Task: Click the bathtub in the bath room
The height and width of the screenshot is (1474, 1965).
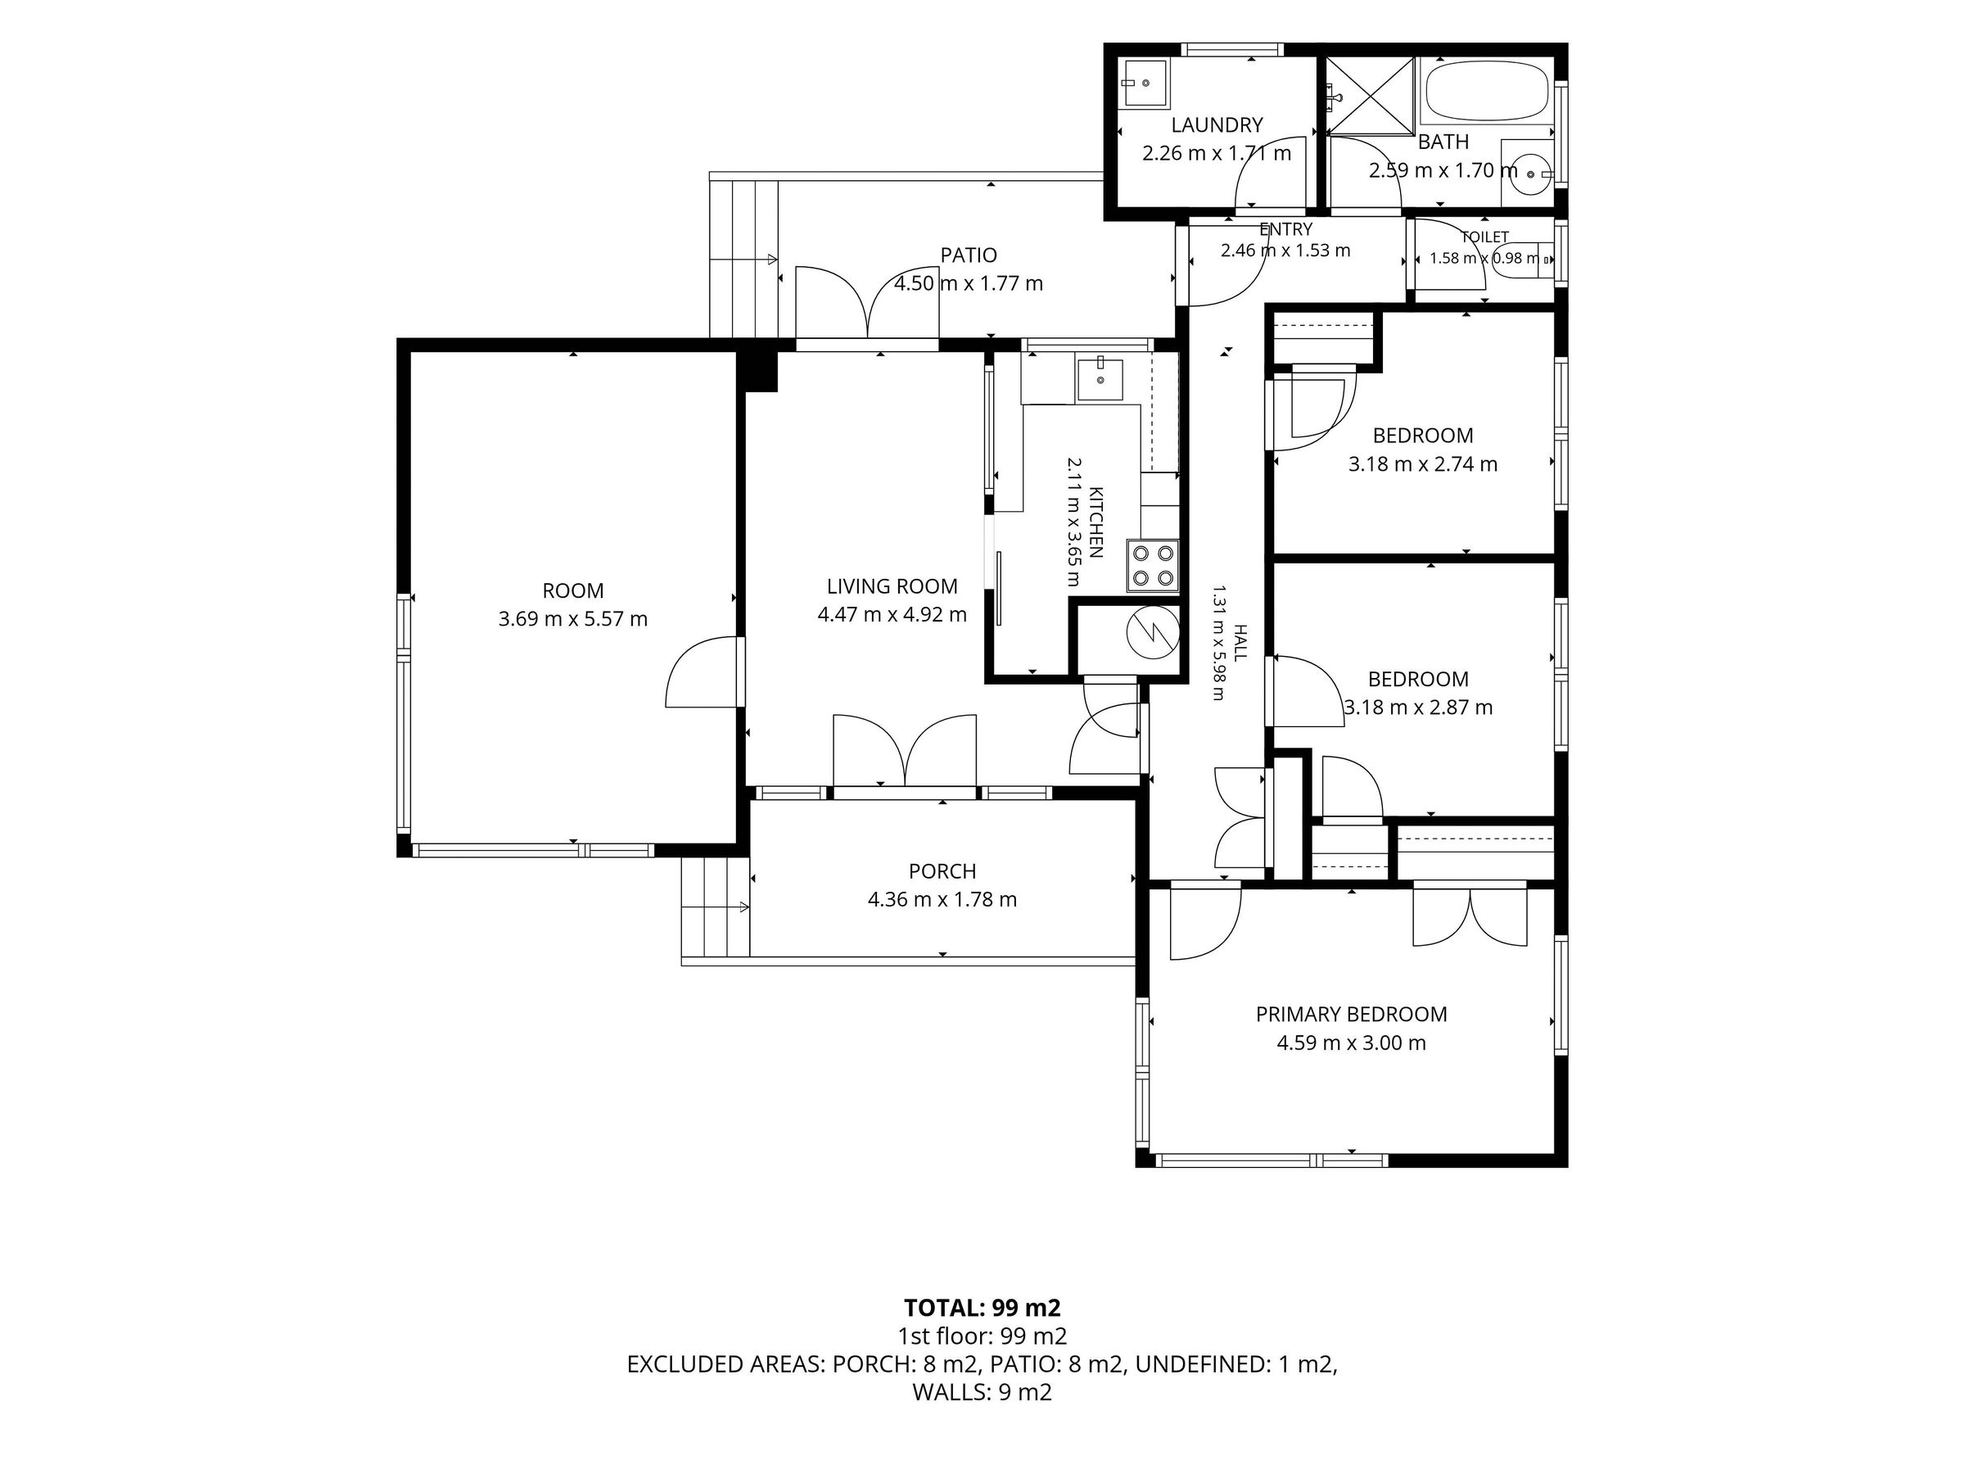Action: (x=1487, y=92)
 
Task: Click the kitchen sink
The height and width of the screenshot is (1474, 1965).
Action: (x=1100, y=379)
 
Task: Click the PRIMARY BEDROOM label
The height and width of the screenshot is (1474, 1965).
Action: (x=1351, y=1015)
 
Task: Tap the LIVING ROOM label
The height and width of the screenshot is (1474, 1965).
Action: (x=892, y=586)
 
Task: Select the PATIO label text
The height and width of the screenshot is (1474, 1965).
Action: (x=969, y=255)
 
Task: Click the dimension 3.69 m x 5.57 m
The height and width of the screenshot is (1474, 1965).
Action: (x=573, y=618)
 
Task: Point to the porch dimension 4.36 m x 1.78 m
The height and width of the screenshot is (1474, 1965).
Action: (x=942, y=899)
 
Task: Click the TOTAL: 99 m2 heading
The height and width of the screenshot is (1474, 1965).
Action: (x=982, y=1308)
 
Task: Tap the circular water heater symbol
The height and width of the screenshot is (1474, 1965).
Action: (x=1152, y=633)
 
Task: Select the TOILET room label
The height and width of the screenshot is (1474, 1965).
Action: (x=1485, y=237)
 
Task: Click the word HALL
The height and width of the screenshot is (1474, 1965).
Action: (x=1241, y=642)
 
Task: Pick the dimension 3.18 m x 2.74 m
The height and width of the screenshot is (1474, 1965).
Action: (x=1423, y=463)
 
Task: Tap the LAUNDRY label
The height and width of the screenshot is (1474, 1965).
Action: (x=1216, y=125)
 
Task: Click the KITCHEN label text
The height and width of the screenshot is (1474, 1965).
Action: (x=1096, y=522)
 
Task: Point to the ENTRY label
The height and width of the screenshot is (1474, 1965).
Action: (x=1285, y=229)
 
